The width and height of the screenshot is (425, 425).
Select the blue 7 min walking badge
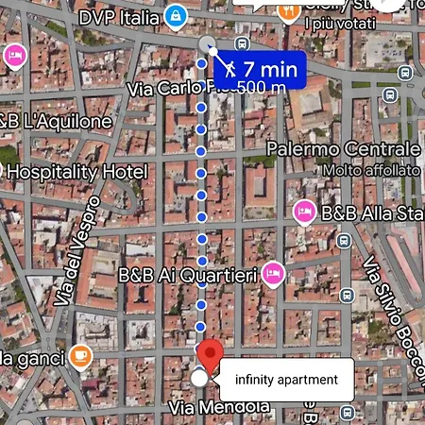click(257, 69)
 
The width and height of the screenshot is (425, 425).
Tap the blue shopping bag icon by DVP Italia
click(175, 15)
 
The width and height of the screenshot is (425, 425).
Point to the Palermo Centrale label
click(343, 149)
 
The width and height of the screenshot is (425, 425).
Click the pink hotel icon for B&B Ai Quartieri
click(273, 274)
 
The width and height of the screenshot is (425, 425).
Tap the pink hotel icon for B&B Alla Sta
click(304, 210)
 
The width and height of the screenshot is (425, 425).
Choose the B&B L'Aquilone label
click(57, 122)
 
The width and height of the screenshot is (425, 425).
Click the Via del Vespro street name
click(79, 250)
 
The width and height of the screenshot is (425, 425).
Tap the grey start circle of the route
click(209, 44)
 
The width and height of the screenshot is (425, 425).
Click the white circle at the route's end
click(199, 379)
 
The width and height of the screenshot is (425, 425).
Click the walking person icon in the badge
click(229, 68)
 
